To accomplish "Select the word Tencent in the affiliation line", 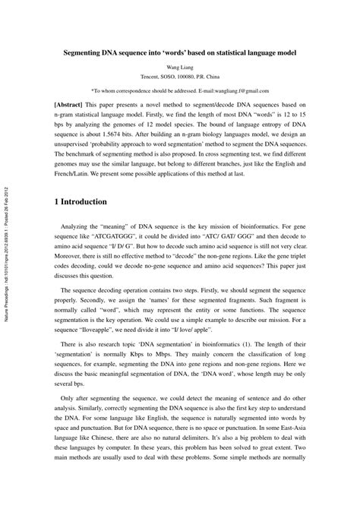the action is click(154, 77).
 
